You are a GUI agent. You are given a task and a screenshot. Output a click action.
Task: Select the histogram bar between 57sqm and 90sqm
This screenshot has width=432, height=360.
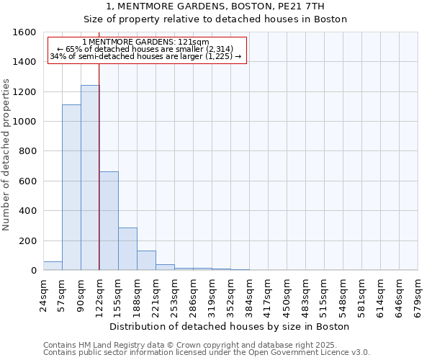click(x=71, y=187)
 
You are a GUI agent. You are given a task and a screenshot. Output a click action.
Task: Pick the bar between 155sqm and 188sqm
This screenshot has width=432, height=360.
click(x=127, y=249)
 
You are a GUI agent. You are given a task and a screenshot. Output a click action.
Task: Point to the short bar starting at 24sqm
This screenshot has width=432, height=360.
click(x=53, y=266)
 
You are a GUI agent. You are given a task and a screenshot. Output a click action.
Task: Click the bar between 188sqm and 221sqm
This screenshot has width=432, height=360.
click(x=146, y=261)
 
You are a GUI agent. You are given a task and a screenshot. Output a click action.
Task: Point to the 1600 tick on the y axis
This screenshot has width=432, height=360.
click(x=25, y=32)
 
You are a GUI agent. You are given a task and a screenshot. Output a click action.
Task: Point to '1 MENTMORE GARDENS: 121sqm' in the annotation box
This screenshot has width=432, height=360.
click(x=146, y=42)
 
